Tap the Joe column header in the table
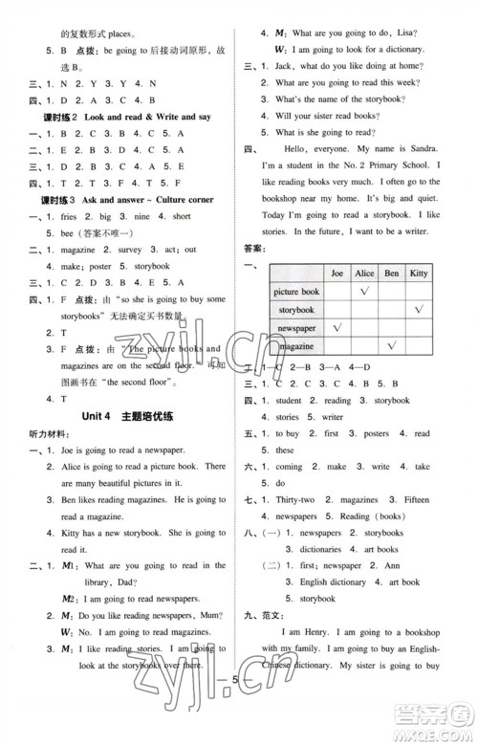(337, 273)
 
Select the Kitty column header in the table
(419, 273)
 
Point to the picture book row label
(297, 292)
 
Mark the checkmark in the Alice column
(363, 292)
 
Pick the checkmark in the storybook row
(419, 310)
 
